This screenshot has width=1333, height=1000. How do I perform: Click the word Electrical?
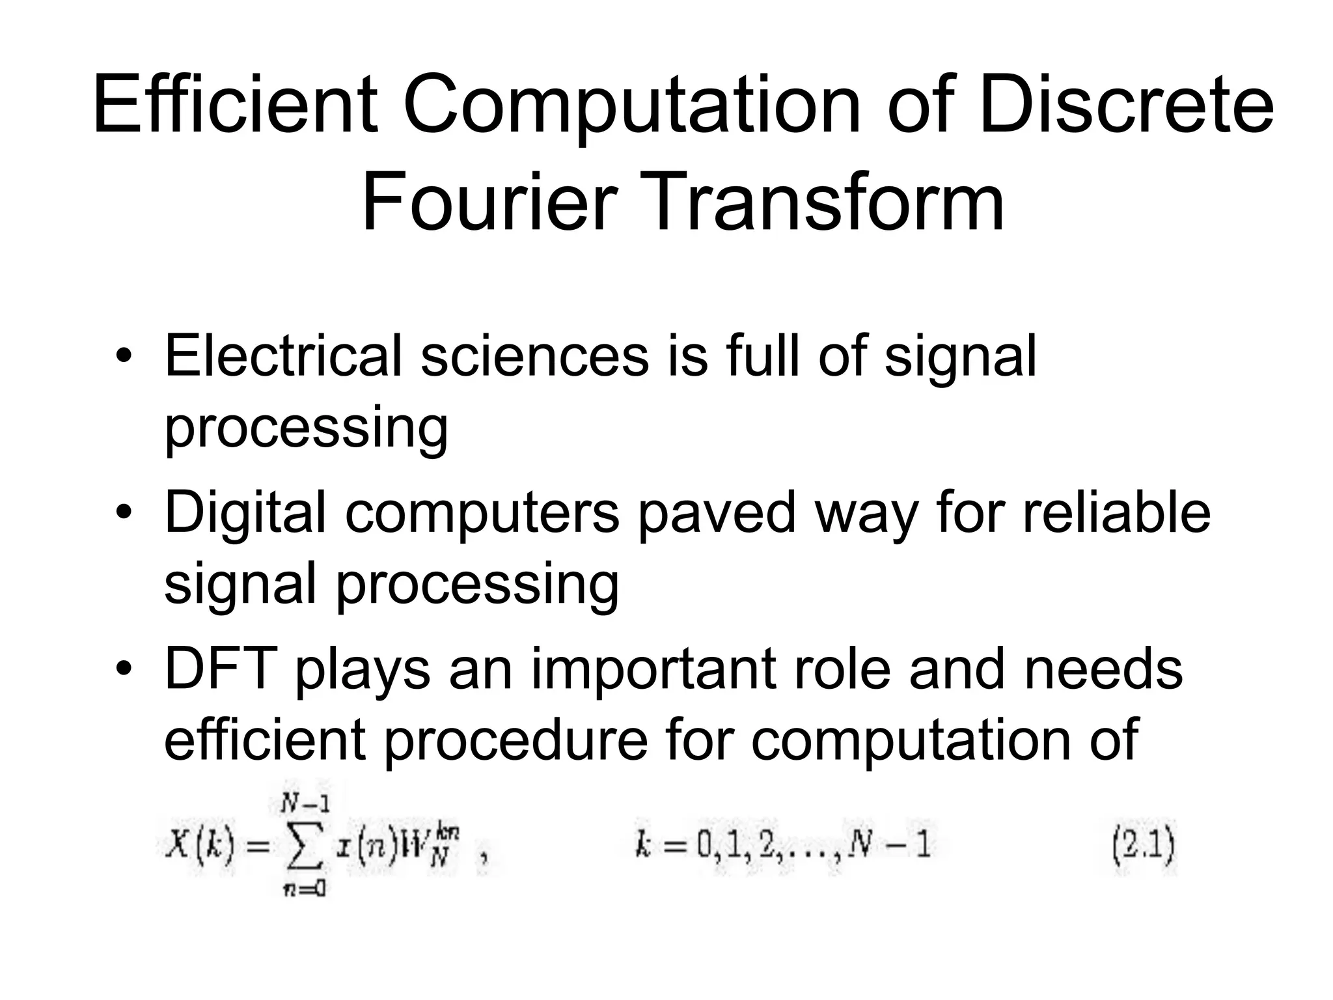pyautogui.click(x=283, y=356)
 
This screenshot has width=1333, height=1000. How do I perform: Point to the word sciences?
pyautogui.click(x=535, y=356)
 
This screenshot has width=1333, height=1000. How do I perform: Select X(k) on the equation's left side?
pyautogui.click(x=199, y=846)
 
